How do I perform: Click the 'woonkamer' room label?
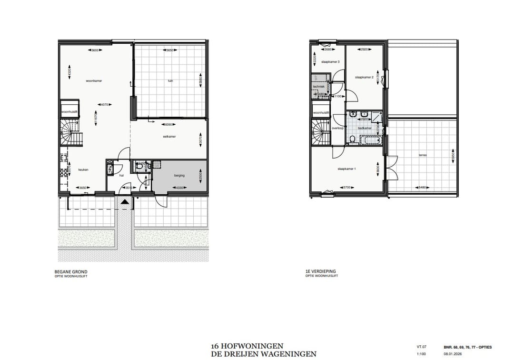(94, 81)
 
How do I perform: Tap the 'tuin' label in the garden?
(170, 81)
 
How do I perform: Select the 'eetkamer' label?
(169, 137)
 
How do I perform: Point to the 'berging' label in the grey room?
(179, 175)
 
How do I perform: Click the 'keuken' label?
(84, 170)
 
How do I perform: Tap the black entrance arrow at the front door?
(125, 201)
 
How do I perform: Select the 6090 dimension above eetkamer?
(168, 125)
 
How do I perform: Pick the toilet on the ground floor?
(140, 166)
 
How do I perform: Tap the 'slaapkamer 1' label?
(346, 169)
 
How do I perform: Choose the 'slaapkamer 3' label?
(330, 62)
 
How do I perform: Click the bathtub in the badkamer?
(370, 140)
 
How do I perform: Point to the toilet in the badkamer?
(353, 139)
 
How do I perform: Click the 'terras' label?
(423, 155)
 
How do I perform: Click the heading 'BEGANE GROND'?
(71, 272)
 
